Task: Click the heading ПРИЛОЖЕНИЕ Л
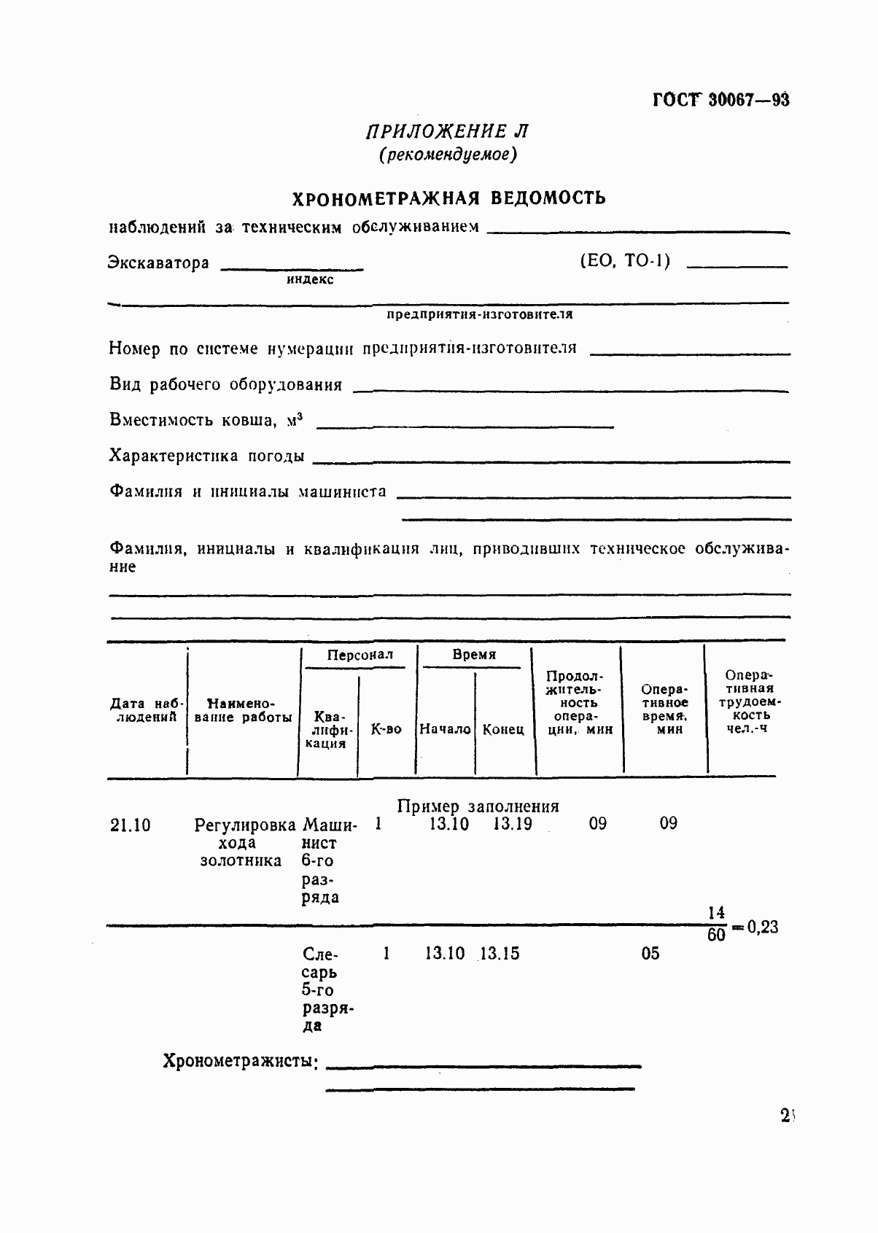pyautogui.click(x=447, y=131)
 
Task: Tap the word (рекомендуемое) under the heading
pyautogui.click(x=448, y=155)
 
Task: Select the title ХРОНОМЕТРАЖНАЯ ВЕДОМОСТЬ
pyautogui.click(x=448, y=198)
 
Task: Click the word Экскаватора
pyautogui.click(x=158, y=262)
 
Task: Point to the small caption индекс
pyautogui.click(x=310, y=279)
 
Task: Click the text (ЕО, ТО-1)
pyautogui.click(x=624, y=261)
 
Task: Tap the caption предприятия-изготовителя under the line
pyautogui.click(x=479, y=314)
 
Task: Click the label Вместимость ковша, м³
pyautogui.click(x=206, y=420)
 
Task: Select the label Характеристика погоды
pyautogui.click(x=206, y=456)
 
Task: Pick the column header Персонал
pyautogui.click(x=360, y=655)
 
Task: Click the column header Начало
pyautogui.click(x=445, y=728)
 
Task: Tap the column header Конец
pyautogui.click(x=503, y=729)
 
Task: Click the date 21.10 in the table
pyautogui.click(x=131, y=825)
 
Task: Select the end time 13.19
pyautogui.click(x=512, y=824)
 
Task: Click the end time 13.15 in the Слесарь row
pyautogui.click(x=500, y=954)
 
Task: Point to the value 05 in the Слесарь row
pyautogui.click(x=650, y=954)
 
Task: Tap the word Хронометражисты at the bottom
pyautogui.click(x=240, y=1061)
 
